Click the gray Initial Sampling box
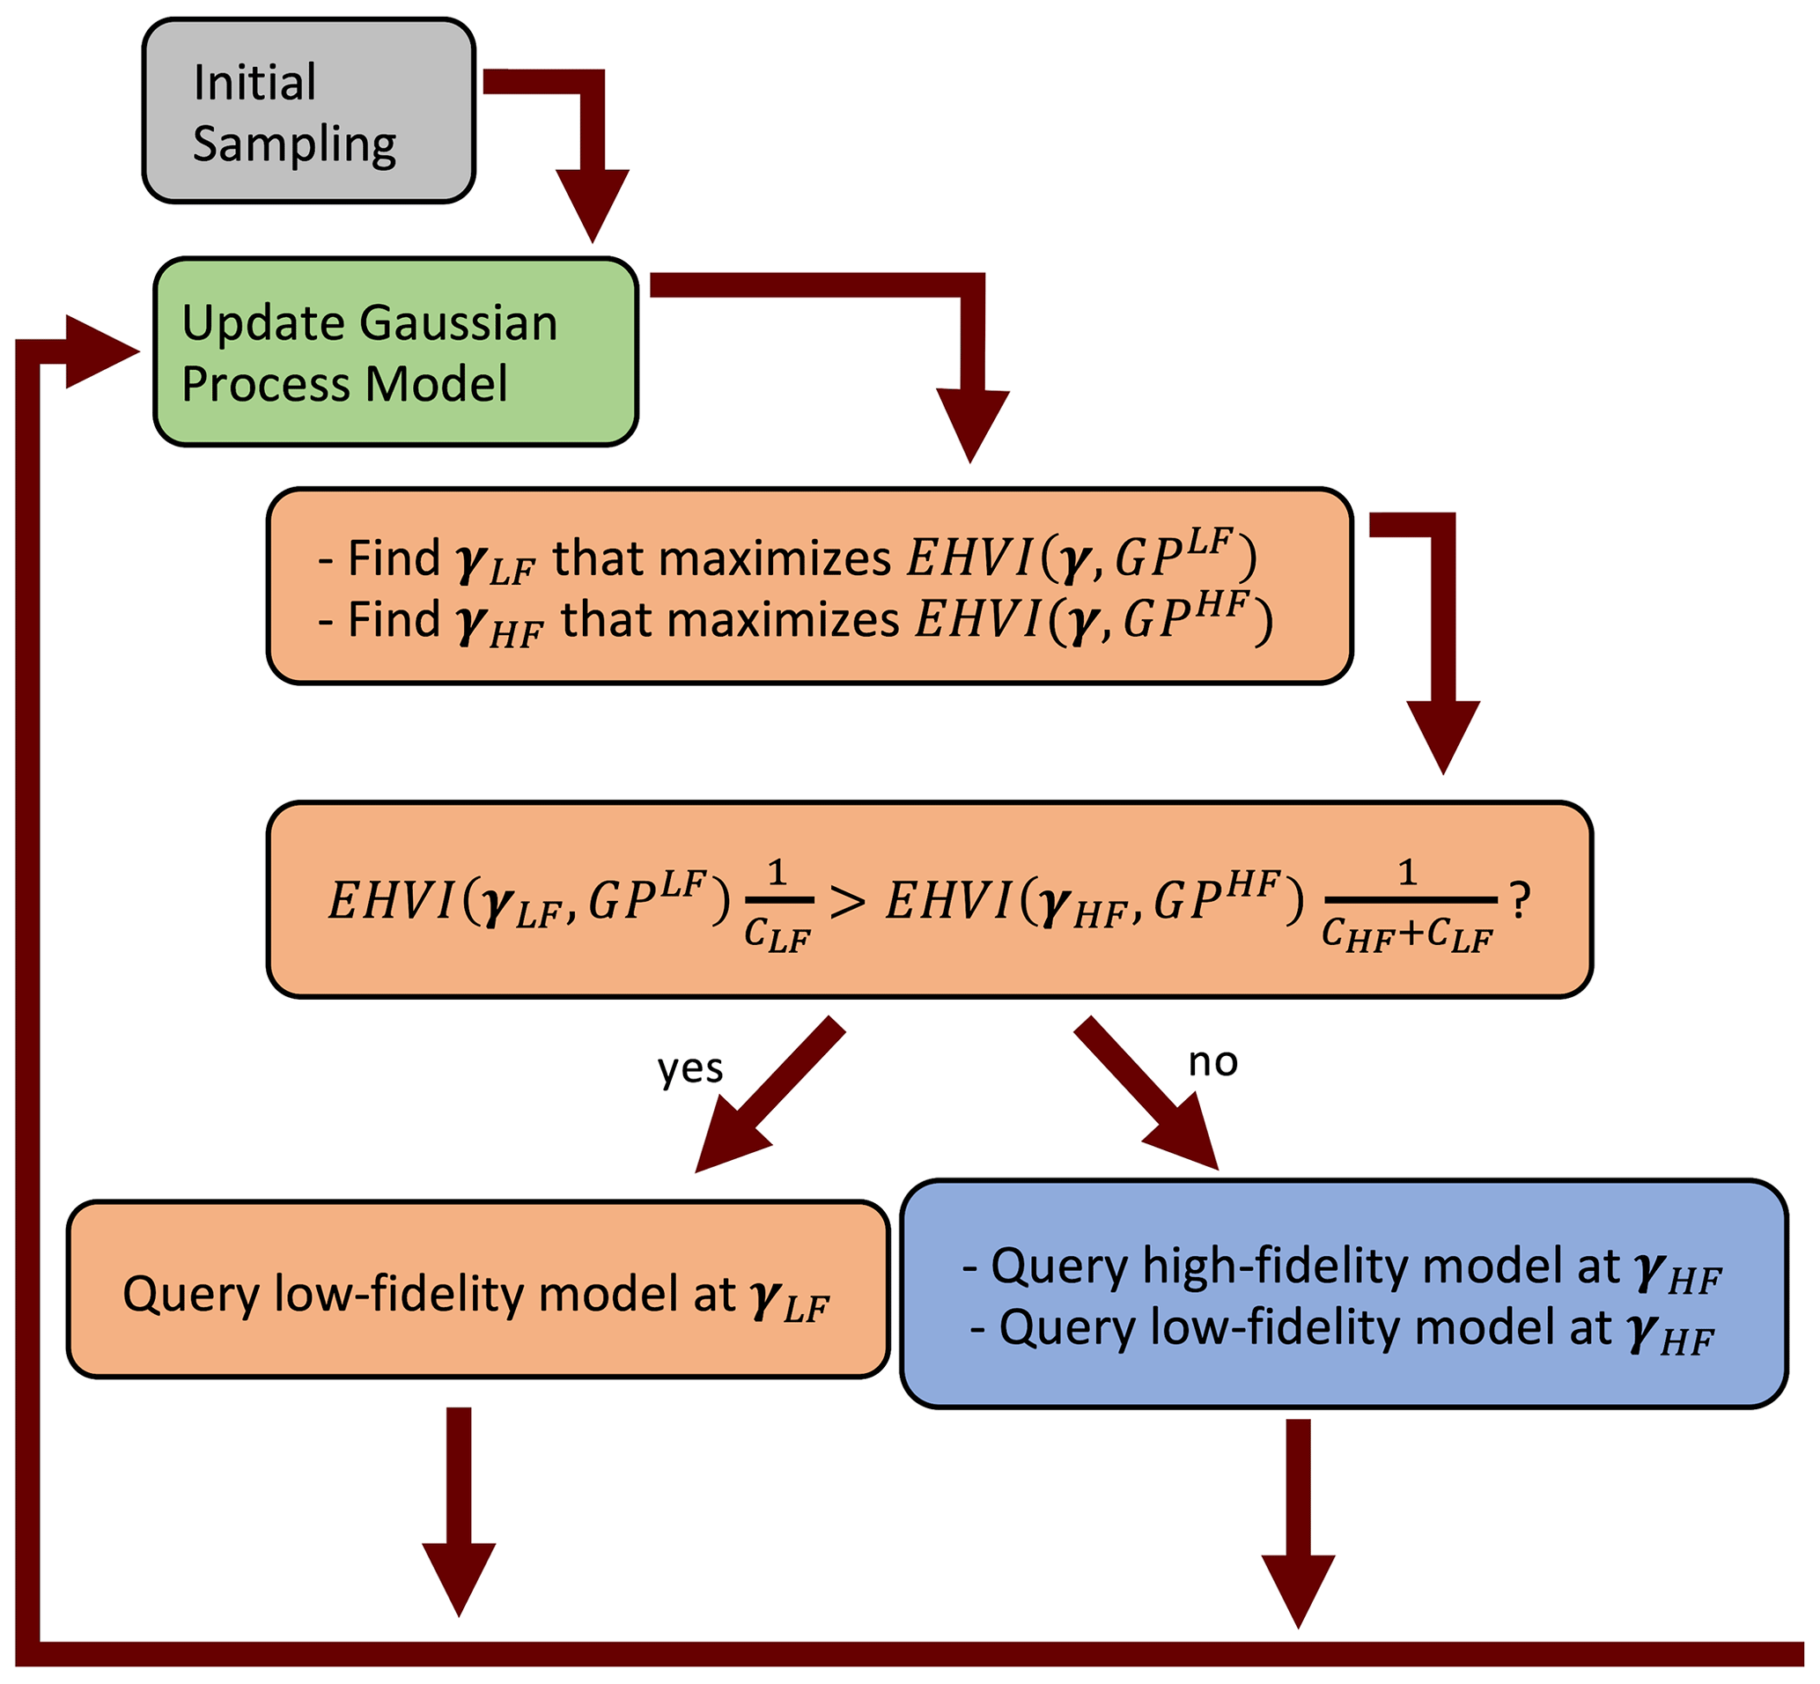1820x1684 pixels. point(308,110)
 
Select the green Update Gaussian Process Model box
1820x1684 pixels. point(395,351)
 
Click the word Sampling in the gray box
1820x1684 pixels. point(294,144)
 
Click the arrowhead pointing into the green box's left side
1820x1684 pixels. point(100,351)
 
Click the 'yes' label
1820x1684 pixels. point(689,1068)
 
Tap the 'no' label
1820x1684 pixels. point(1212,1061)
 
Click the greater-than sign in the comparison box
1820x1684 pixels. point(847,902)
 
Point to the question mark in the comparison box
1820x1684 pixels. point(1520,900)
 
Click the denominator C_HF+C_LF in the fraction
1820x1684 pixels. point(1406,934)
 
